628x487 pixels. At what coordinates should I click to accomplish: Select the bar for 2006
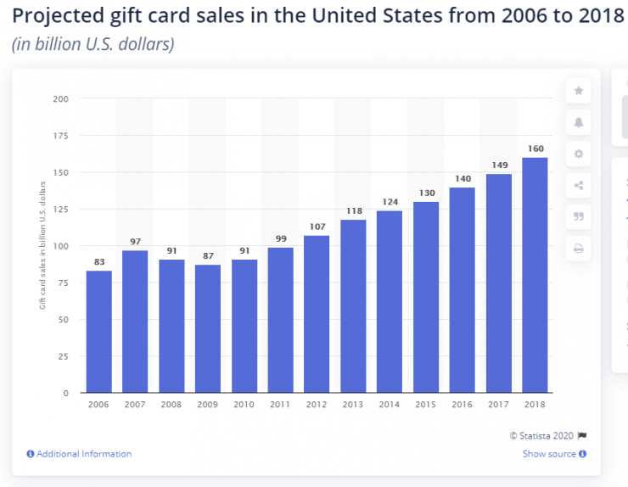coord(99,332)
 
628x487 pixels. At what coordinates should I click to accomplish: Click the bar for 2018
coord(535,275)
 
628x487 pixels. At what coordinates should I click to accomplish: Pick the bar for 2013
coord(353,306)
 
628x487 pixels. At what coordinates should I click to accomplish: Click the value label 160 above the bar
coord(535,148)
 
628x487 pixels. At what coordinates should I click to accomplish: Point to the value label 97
coord(136,242)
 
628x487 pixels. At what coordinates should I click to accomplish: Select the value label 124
coord(390,202)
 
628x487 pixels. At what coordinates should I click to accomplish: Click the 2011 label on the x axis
coord(280,405)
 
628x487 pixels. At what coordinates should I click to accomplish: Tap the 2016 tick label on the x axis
coord(462,405)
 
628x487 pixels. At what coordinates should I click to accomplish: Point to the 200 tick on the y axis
coord(60,99)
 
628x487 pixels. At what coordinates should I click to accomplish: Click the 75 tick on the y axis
coord(63,283)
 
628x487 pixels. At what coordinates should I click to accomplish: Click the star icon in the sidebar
coord(579,91)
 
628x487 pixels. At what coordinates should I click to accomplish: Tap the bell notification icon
coord(579,122)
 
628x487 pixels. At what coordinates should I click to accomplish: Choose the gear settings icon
coord(579,154)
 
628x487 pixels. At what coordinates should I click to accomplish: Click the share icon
coord(579,185)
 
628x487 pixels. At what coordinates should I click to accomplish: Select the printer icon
coord(579,249)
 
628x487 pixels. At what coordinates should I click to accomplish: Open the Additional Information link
coord(84,454)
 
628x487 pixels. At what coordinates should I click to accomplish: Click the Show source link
coord(549,454)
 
